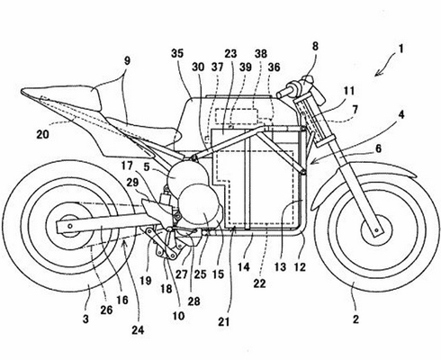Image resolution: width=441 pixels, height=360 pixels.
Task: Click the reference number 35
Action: tap(177, 54)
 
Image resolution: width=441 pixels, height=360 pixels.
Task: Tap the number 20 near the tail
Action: tap(42, 134)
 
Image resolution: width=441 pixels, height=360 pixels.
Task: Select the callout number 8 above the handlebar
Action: tap(315, 47)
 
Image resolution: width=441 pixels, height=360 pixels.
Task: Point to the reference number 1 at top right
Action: tap(401, 49)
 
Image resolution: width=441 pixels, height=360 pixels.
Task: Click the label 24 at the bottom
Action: tap(139, 330)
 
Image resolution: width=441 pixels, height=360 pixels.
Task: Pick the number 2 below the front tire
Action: tap(355, 319)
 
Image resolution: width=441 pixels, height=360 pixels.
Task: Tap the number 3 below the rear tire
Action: tap(85, 319)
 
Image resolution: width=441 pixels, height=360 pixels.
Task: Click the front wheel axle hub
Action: tap(375, 229)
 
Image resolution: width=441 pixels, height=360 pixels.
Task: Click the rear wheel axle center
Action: tap(70, 226)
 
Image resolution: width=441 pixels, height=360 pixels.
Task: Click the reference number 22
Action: tap(259, 283)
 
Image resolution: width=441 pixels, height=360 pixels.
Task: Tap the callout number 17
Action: tap(127, 166)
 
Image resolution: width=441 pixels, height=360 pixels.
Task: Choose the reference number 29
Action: tap(132, 182)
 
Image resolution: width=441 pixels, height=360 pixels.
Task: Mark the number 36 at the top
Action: tap(274, 67)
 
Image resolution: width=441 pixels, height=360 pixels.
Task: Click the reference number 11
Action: tap(348, 90)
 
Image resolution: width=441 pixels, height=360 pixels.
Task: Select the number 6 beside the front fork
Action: tap(378, 148)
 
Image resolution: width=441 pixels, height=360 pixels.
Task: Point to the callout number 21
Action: tap(224, 321)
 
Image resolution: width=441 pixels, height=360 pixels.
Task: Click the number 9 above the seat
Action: tap(127, 61)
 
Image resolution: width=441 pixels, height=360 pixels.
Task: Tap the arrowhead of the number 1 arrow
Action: tap(377, 74)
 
